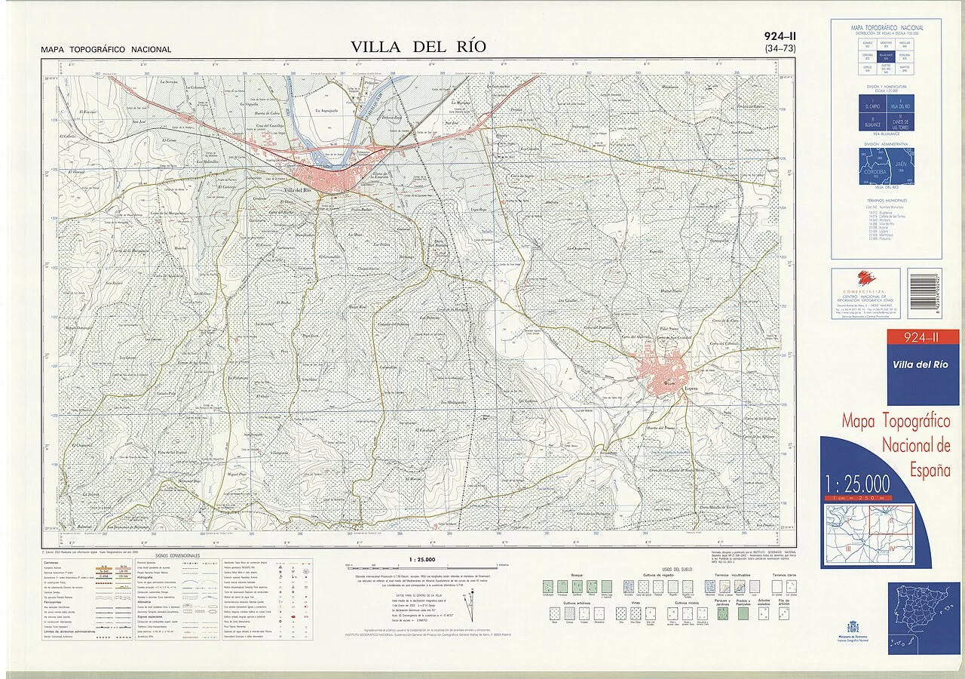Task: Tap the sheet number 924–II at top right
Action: (x=780, y=36)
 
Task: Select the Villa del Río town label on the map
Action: (x=299, y=190)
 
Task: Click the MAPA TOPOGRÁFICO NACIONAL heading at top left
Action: (x=106, y=50)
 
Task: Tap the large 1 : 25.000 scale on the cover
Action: (x=858, y=484)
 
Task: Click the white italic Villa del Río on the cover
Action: (x=920, y=364)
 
